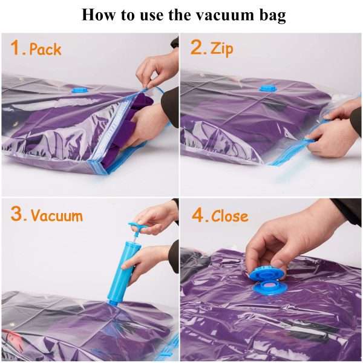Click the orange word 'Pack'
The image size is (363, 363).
pyautogui.click(x=45, y=49)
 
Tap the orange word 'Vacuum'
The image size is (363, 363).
pyautogui.click(x=57, y=215)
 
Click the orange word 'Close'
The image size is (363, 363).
pyautogui.click(x=230, y=215)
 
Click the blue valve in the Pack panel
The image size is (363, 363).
pyautogui.click(x=79, y=90)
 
